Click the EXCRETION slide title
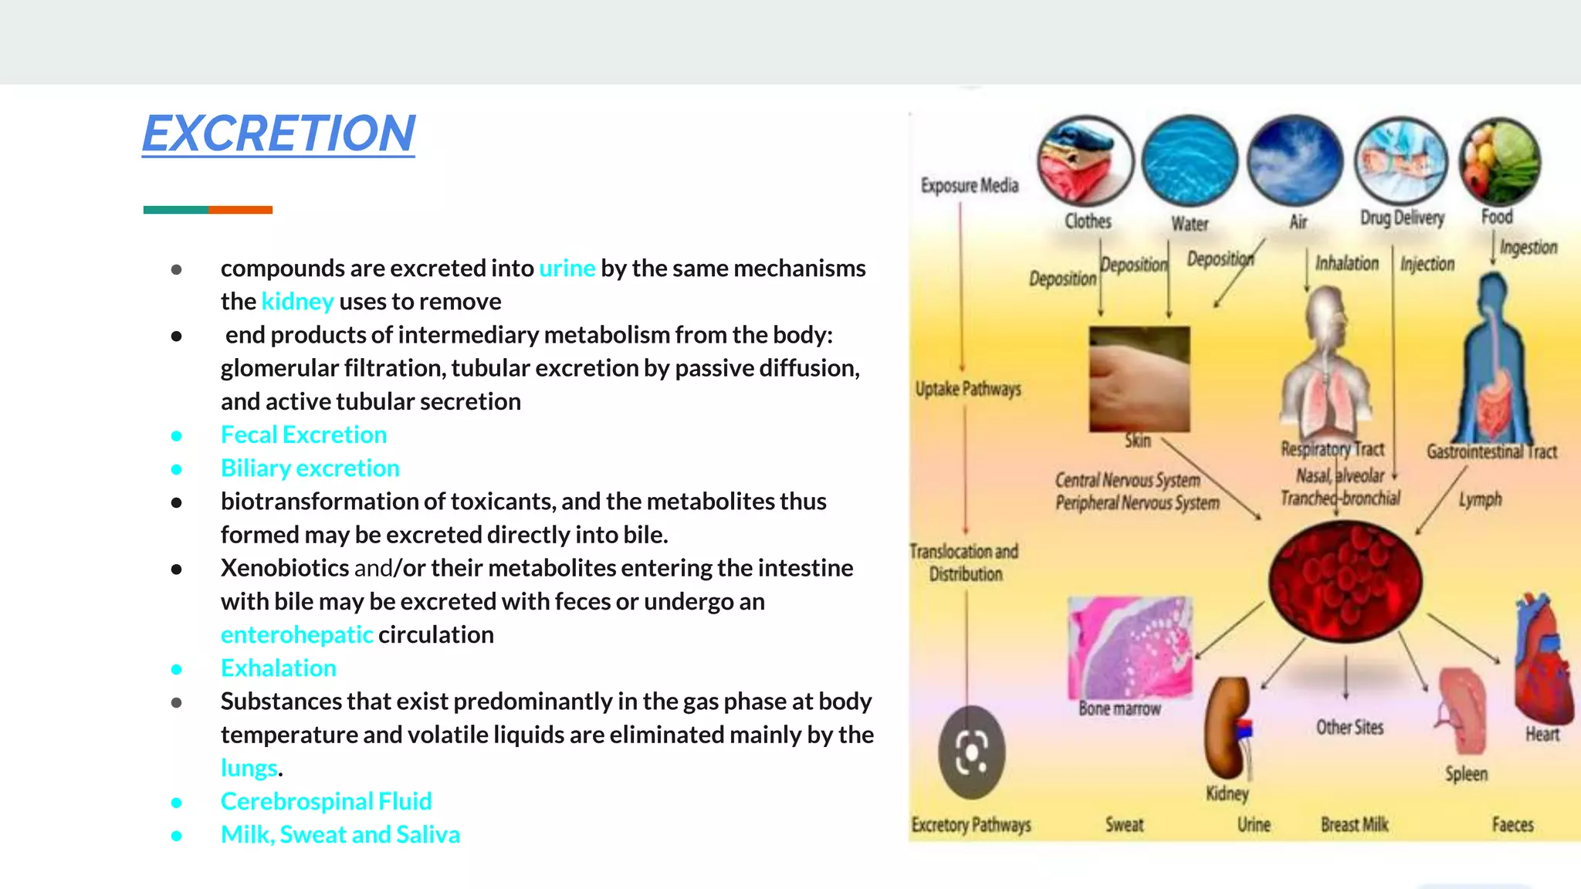(279, 134)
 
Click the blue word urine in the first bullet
(567, 269)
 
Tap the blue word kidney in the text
(297, 302)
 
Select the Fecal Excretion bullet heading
(303, 435)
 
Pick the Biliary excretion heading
(310, 468)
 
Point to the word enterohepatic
(296, 635)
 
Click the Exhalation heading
(278, 668)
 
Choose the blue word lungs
(249, 769)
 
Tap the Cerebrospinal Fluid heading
(326, 802)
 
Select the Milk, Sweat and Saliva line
(340, 835)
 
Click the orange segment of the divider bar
(240, 210)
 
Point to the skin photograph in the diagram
(1139, 378)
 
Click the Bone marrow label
(1119, 709)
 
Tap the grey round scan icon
(971, 752)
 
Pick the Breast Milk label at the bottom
(1354, 825)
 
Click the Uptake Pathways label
(968, 389)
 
